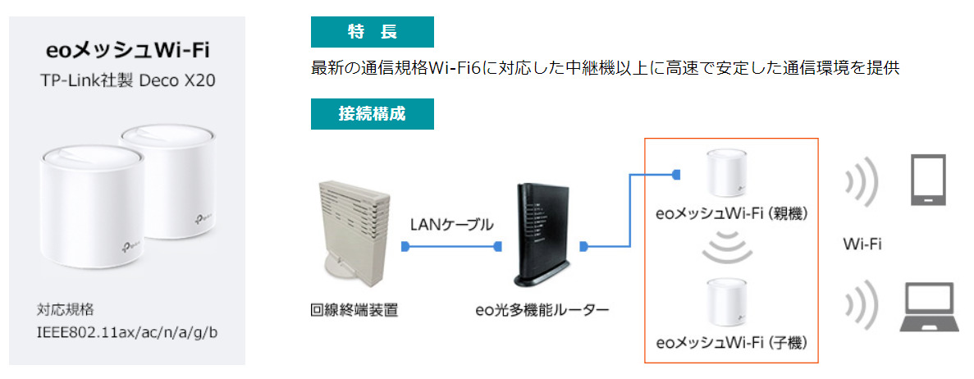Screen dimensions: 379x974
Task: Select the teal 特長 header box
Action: pos(372,32)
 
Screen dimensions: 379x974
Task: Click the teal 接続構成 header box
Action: pos(372,114)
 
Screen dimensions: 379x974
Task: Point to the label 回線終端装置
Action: pos(348,311)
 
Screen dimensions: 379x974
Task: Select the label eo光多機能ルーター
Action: pos(542,311)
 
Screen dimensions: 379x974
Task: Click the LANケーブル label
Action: pos(451,223)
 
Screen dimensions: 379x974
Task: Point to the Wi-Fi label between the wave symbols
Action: pos(862,244)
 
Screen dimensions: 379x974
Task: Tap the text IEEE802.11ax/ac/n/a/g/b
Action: pos(127,333)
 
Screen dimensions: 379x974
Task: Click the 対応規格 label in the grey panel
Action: pos(66,310)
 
